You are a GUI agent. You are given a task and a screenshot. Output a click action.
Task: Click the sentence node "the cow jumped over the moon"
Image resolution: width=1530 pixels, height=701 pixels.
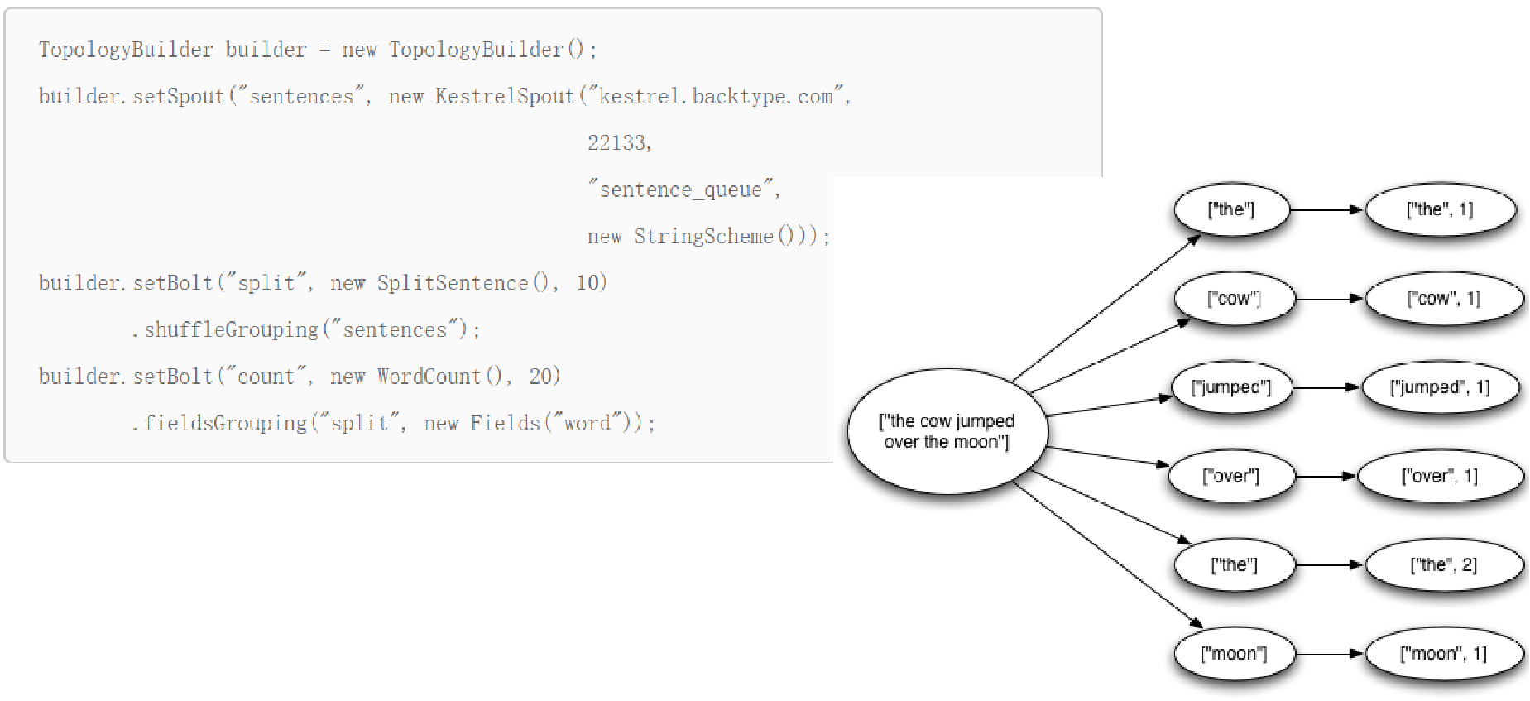click(947, 431)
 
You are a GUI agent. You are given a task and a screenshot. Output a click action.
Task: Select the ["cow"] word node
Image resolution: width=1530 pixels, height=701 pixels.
click(1234, 299)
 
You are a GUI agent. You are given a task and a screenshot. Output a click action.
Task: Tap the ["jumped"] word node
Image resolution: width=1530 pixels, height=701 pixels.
click(1231, 387)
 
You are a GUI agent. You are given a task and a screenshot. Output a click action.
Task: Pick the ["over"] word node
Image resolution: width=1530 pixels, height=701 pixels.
click(1230, 476)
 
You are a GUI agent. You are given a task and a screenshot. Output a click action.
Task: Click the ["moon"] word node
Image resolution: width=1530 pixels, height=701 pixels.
click(1234, 654)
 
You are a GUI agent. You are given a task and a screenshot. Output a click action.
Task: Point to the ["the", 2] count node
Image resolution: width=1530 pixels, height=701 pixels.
click(1444, 565)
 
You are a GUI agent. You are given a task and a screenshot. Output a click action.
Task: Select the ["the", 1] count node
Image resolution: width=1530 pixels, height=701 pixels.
click(1440, 209)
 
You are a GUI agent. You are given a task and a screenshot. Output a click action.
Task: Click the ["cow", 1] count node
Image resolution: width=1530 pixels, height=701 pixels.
click(1444, 299)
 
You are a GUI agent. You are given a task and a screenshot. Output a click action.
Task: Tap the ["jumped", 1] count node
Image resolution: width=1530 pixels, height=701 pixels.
click(1440, 387)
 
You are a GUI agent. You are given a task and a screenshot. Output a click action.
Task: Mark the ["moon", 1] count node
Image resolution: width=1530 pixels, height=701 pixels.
click(1444, 654)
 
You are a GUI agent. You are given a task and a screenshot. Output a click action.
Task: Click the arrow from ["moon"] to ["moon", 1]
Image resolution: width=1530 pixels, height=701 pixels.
click(1330, 654)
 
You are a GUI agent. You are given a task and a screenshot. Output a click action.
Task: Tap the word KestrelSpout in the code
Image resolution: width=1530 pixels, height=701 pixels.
click(505, 97)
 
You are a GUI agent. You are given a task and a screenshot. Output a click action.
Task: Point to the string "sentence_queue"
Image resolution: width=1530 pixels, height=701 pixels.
click(681, 190)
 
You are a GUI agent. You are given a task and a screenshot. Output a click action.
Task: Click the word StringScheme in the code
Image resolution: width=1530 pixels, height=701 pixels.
click(703, 237)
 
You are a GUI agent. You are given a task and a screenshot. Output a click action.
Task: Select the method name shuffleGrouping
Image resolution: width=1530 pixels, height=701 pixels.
click(231, 330)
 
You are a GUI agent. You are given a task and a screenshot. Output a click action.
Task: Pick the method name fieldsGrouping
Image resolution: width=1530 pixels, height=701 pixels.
click(225, 424)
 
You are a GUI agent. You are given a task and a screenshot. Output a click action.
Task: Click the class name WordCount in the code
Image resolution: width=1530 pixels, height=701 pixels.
click(429, 377)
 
